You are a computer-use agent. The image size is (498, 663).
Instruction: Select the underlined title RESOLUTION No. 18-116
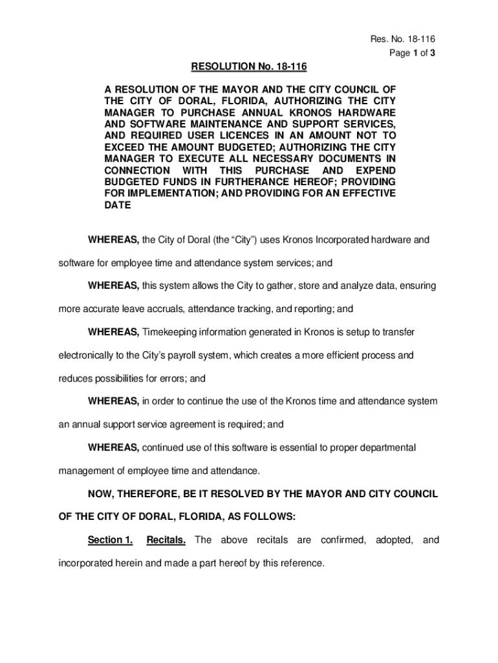pyautogui.click(x=248, y=67)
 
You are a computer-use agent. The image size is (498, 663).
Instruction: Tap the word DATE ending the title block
pyautogui.click(x=118, y=205)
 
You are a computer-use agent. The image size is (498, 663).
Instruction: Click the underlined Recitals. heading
pyautogui.click(x=166, y=540)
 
